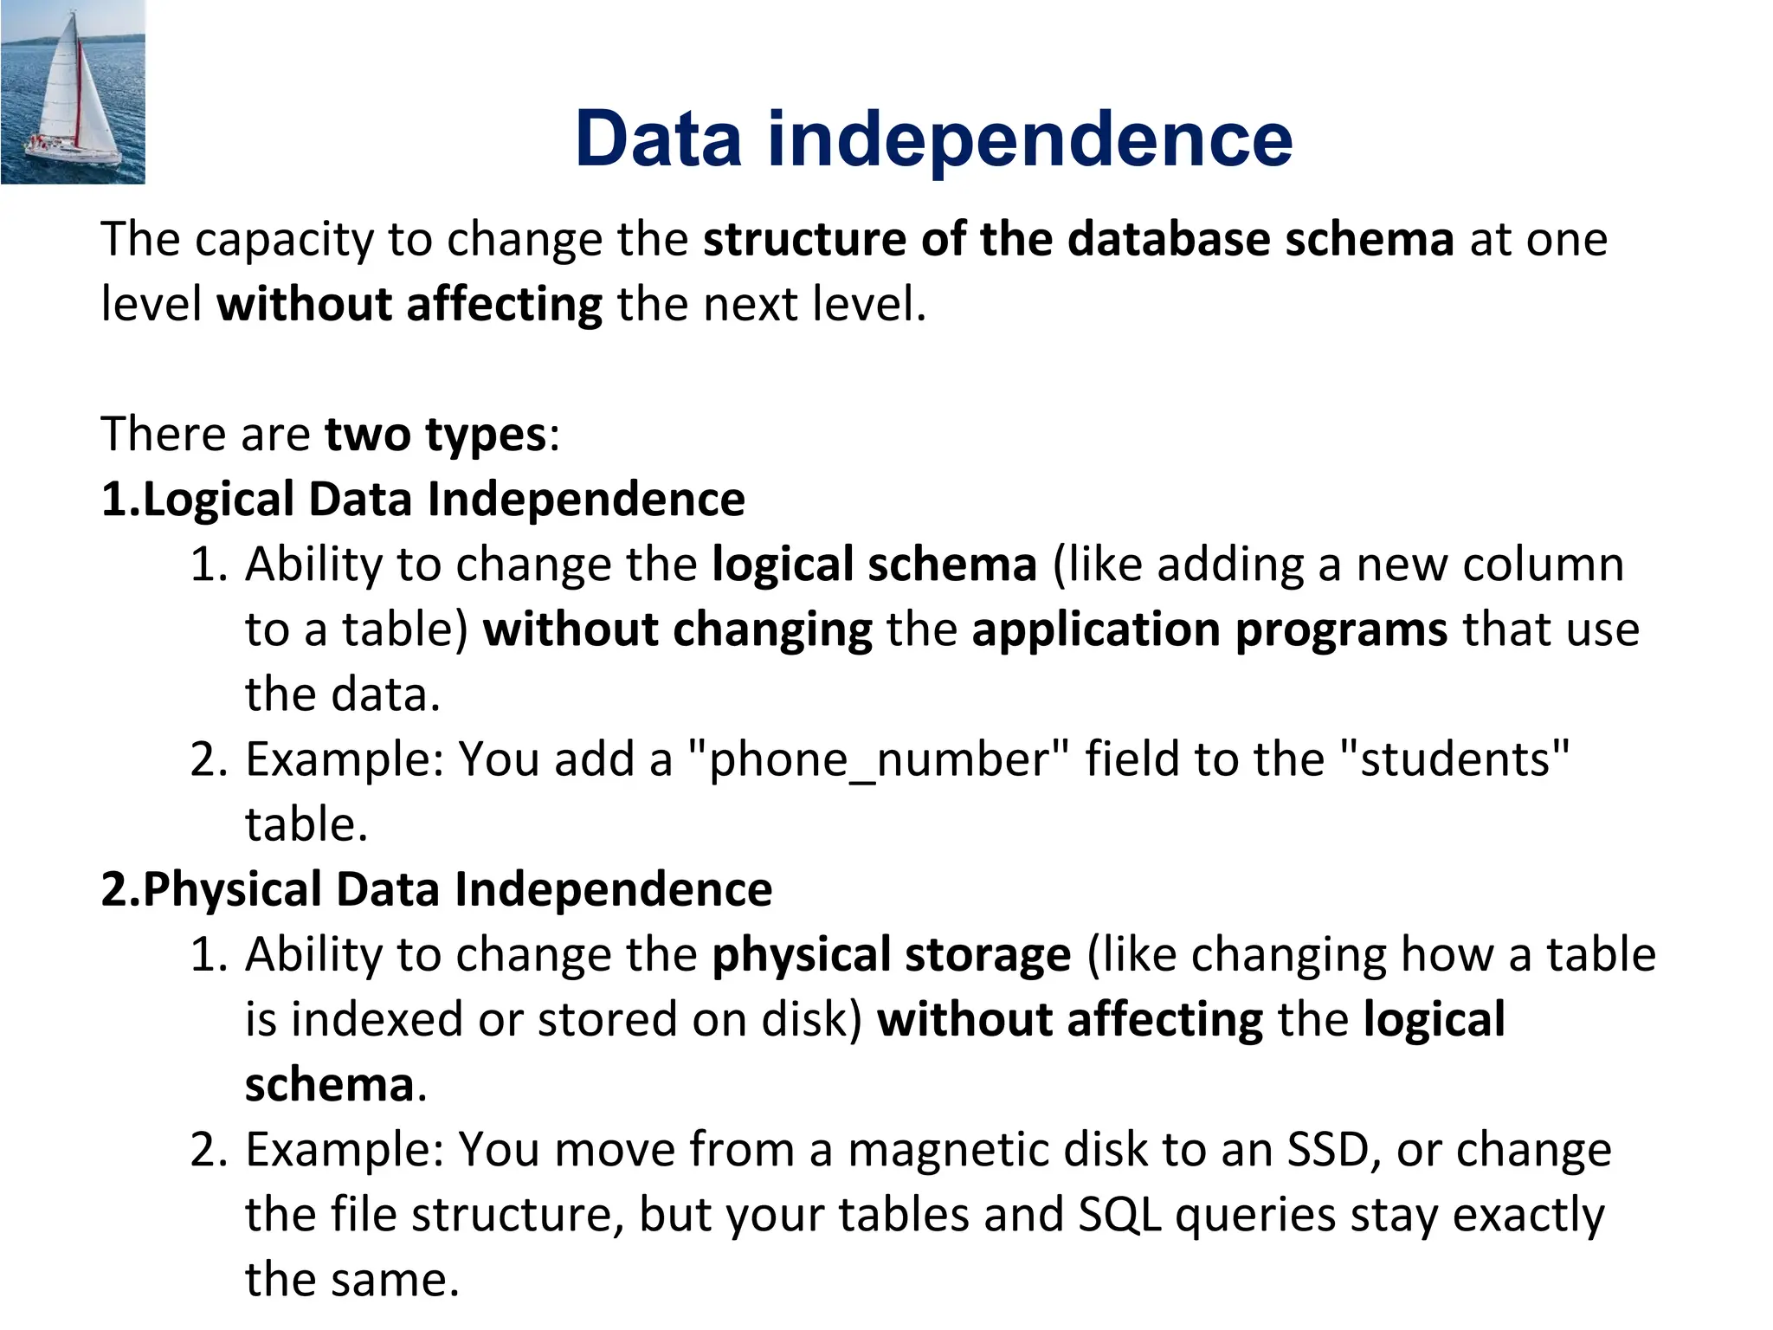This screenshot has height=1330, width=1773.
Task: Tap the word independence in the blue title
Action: [x=1030, y=140]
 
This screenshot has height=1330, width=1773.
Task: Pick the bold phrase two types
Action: [x=435, y=434]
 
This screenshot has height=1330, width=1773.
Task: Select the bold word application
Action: [x=1096, y=629]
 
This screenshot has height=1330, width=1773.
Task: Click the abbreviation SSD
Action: [x=1331, y=1150]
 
